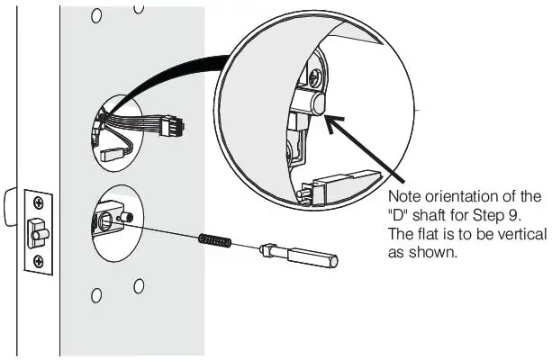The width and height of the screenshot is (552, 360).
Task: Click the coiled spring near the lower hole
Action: pyautogui.click(x=215, y=239)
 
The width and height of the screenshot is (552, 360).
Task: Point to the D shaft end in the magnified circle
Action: pyautogui.click(x=316, y=105)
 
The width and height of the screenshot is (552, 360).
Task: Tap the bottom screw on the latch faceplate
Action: pyautogui.click(x=38, y=261)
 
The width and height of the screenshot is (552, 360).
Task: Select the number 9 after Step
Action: pyautogui.click(x=510, y=214)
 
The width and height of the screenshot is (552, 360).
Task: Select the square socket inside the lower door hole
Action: pyautogui.click(x=104, y=220)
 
